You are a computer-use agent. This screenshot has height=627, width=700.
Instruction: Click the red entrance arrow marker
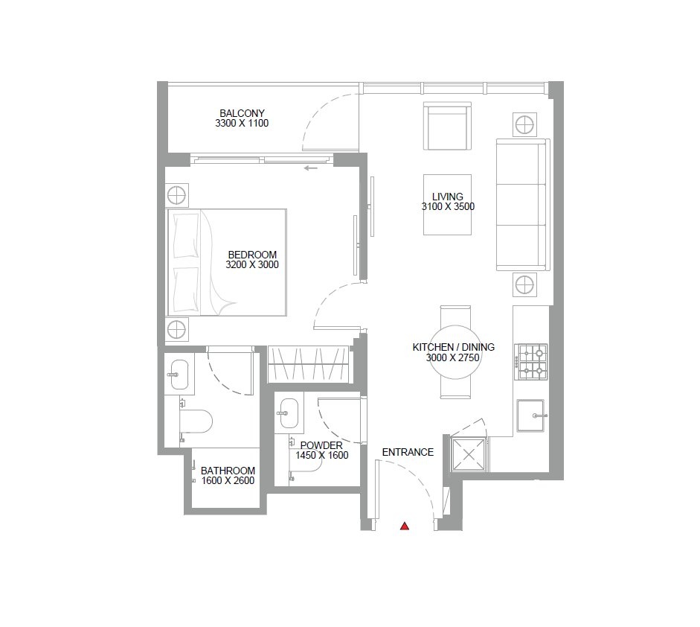tap(405, 526)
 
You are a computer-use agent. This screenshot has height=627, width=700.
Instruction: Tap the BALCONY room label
tap(242, 113)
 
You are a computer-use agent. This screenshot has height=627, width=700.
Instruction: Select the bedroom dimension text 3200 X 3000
tap(252, 264)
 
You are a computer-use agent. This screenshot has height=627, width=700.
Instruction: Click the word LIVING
tap(447, 196)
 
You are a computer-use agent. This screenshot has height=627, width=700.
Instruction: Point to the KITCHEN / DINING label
tap(454, 347)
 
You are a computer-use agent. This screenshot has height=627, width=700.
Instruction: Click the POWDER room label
tap(321, 445)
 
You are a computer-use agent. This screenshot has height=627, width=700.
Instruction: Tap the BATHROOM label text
tap(228, 471)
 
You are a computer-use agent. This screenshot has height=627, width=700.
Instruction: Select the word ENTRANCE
tap(408, 452)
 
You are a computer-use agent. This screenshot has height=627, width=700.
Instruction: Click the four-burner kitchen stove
tap(531, 362)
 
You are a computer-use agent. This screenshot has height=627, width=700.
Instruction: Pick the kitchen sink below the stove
tap(531, 416)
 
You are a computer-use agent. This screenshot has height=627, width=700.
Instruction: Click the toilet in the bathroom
tap(196, 421)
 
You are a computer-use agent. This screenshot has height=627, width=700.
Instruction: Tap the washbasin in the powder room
tap(289, 413)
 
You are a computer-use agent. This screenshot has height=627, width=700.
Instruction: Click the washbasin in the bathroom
tap(179, 375)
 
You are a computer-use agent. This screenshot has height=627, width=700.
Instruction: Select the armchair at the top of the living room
tap(447, 126)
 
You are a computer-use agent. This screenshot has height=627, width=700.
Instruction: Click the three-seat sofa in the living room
tap(523, 205)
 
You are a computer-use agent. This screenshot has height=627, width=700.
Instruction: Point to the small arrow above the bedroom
tap(311, 168)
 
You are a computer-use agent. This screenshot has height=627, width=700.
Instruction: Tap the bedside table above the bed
tap(177, 195)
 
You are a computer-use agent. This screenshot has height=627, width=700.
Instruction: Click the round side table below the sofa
tap(524, 284)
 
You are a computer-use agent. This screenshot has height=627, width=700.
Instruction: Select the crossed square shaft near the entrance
tap(469, 455)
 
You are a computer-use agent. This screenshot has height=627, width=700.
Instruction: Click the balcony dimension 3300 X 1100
tap(242, 124)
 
